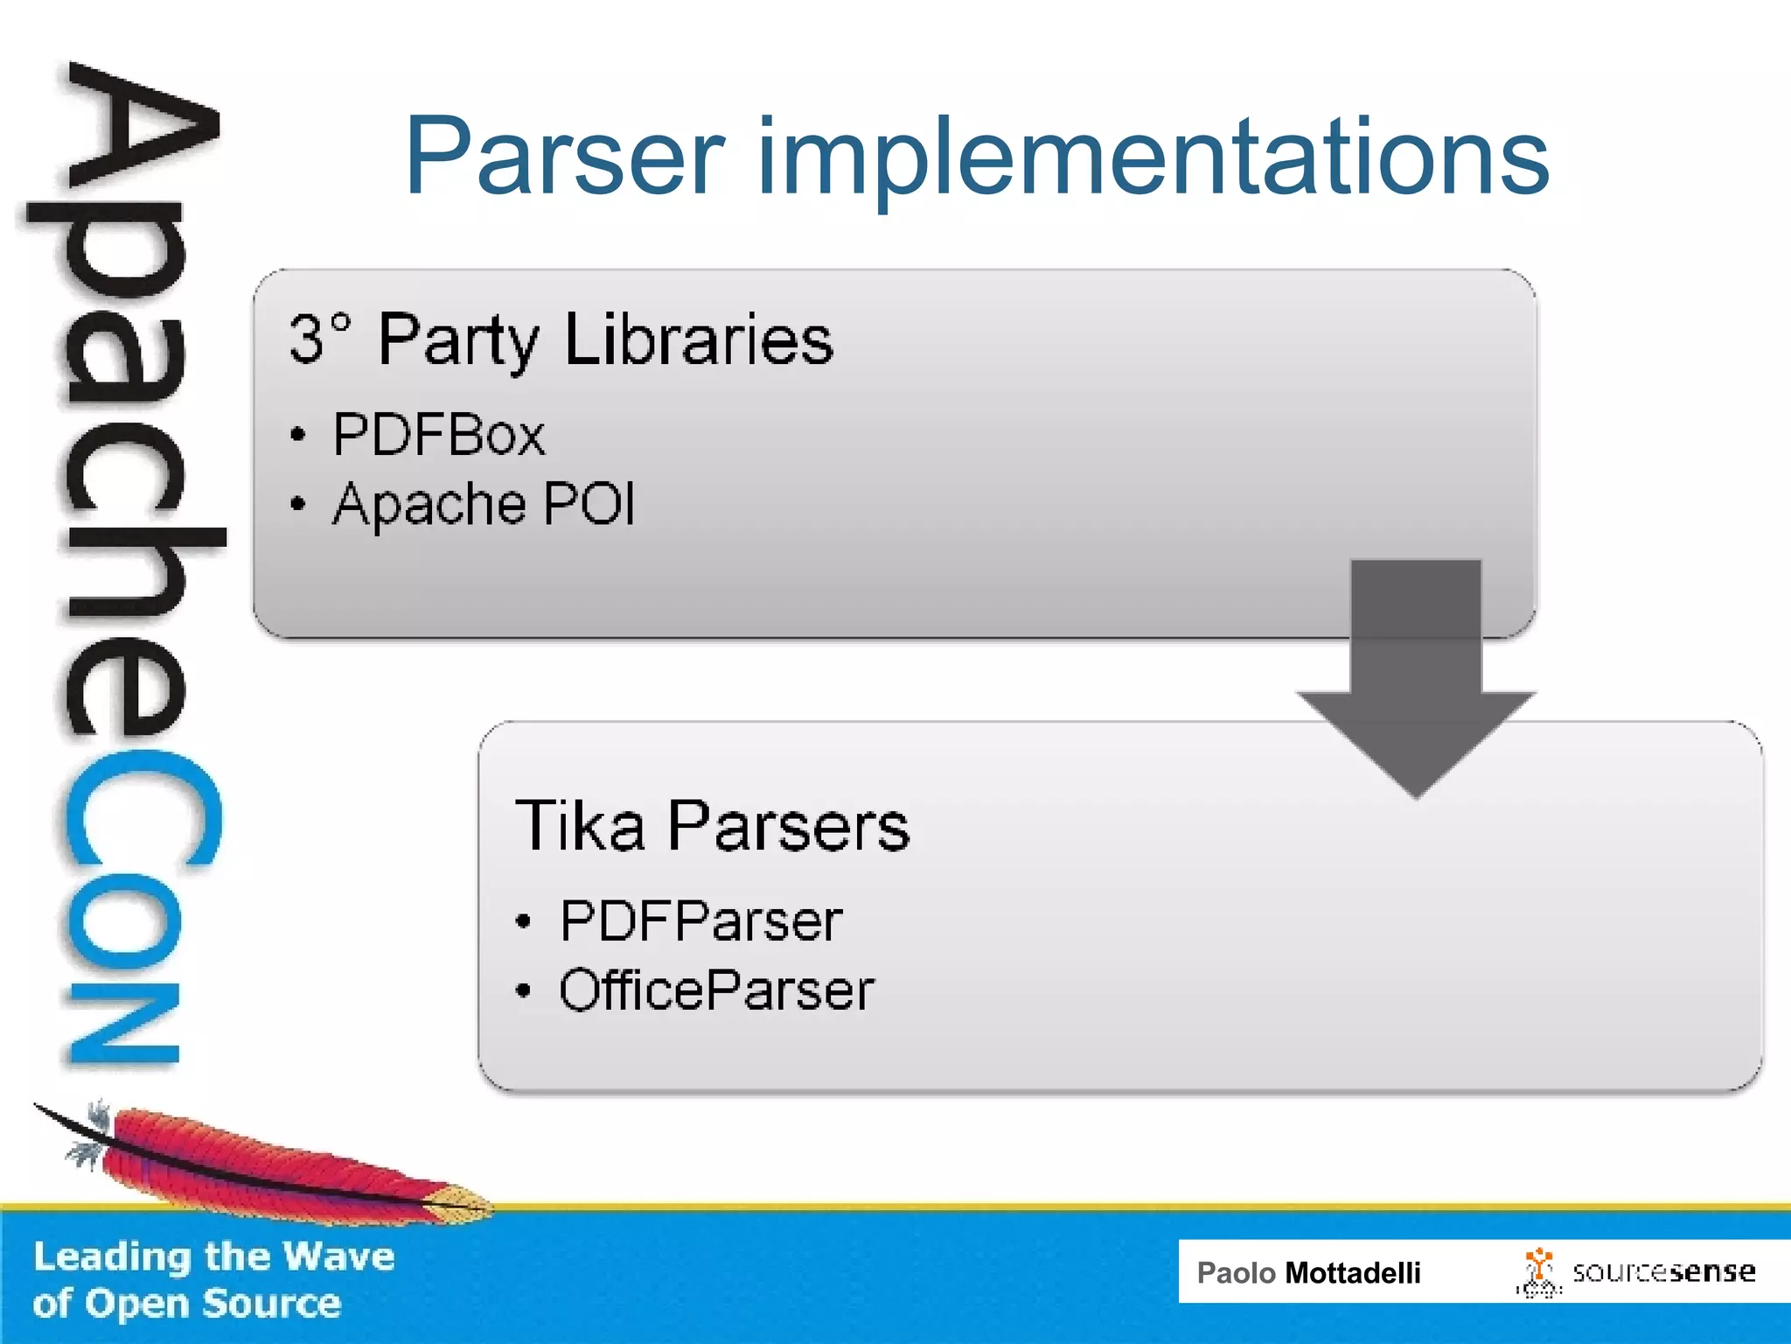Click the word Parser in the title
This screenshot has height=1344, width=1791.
(565, 157)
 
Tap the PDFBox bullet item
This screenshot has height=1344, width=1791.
(438, 434)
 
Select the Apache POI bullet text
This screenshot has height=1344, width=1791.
(484, 504)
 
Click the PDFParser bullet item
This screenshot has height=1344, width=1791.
(700, 920)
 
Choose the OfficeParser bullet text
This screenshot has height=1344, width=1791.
(716, 990)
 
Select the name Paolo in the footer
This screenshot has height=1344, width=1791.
(1236, 1273)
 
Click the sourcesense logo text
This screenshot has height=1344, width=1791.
(1663, 1272)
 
